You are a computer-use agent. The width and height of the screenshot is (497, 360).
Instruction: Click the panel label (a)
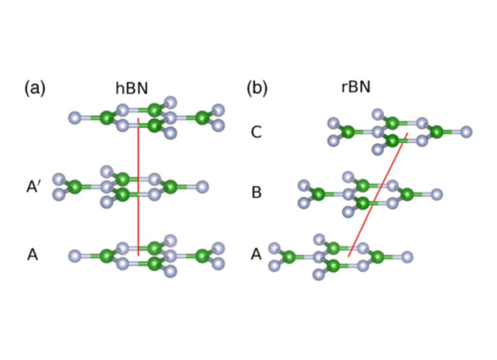[x=35, y=88]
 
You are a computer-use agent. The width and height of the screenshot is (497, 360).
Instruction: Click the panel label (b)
[x=257, y=88]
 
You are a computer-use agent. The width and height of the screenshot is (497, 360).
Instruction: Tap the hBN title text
[x=132, y=88]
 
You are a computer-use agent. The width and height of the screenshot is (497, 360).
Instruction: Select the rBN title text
[x=356, y=87]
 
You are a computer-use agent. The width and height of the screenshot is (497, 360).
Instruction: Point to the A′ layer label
[x=33, y=187]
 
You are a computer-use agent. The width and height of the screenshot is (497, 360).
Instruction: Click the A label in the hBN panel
[x=32, y=254]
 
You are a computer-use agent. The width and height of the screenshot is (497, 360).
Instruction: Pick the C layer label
[x=256, y=132]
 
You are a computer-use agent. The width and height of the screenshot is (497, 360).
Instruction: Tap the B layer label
[x=257, y=192]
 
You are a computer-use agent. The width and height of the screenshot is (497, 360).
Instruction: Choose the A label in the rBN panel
[x=256, y=254]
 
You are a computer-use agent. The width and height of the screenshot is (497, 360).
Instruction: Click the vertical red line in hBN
[x=138, y=187]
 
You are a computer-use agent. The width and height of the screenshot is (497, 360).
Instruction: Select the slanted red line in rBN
[x=378, y=195]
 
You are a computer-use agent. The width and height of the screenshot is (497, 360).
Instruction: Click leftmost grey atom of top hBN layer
[x=75, y=118]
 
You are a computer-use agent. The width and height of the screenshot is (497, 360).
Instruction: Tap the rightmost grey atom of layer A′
[x=202, y=187]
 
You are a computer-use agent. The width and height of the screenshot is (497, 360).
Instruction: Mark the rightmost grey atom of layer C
[x=466, y=132]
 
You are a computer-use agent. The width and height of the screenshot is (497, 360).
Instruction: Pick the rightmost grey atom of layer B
[x=437, y=194]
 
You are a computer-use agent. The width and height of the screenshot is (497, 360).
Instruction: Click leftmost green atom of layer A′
[x=75, y=187]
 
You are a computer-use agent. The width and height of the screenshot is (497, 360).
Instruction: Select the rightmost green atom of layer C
[x=437, y=132]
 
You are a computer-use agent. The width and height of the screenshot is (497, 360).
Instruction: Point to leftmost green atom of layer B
[x=319, y=194]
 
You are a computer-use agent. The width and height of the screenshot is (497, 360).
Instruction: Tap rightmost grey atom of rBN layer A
[x=407, y=257]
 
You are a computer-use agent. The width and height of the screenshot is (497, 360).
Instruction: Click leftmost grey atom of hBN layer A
[x=75, y=255]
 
